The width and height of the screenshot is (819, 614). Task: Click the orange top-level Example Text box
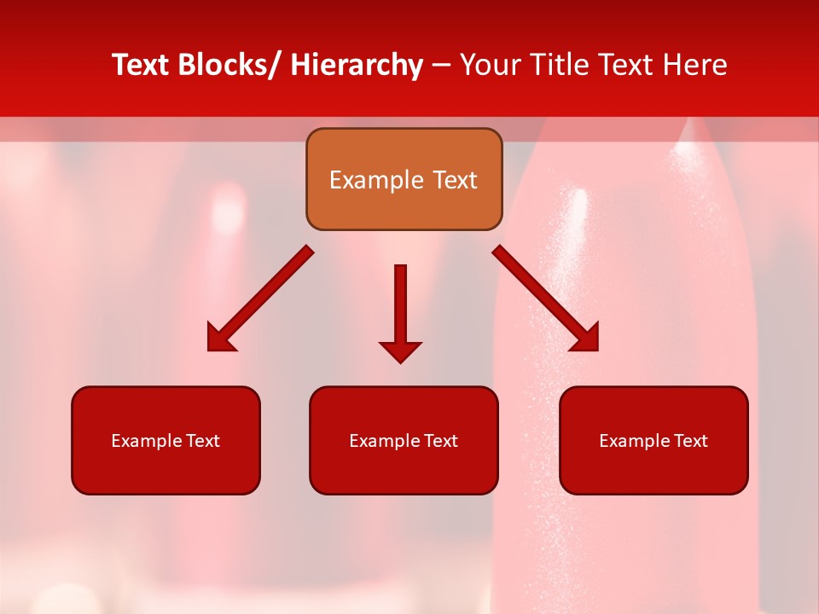(404, 179)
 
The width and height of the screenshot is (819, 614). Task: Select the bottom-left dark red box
(166, 440)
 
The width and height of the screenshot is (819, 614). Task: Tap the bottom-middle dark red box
(404, 440)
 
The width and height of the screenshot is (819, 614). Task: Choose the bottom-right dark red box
(653, 440)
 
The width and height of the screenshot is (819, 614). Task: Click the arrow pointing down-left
(261, 298)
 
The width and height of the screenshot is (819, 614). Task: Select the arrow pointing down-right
(545, 298)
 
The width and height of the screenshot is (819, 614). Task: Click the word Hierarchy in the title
(357, 65)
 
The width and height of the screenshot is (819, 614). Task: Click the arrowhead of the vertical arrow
(400, 350)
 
